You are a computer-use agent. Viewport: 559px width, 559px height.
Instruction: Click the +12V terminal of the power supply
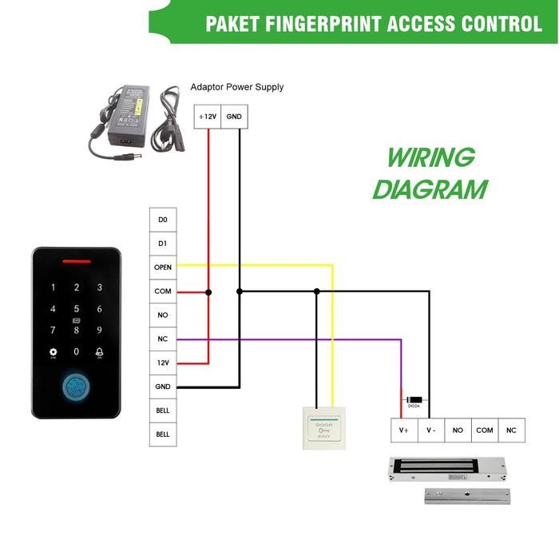(208, 117)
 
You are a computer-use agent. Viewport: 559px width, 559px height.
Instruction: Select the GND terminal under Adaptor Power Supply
(234, 117)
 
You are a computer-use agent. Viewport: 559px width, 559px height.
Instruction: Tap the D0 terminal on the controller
(163, 219)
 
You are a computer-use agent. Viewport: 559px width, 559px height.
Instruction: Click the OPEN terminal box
(163, 267)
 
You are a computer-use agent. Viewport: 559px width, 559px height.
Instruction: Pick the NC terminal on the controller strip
(163, 339)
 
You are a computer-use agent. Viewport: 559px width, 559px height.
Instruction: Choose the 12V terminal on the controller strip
(163, 363)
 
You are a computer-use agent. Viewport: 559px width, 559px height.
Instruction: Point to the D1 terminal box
(163, 243)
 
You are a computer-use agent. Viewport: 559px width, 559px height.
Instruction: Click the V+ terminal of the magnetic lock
(403, 430)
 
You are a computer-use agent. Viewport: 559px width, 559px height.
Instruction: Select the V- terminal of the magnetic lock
(430, 430)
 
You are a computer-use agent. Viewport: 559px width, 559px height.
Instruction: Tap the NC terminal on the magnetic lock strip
(511, 430)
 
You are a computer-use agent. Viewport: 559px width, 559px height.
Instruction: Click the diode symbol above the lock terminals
(414, 399)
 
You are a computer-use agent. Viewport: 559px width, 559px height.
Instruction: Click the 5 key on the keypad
(77, 309)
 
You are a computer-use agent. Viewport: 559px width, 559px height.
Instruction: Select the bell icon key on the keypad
(100, 351)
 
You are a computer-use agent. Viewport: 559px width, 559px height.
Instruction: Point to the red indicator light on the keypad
(77, 261)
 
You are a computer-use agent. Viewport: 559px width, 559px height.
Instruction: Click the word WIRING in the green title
(430, 158)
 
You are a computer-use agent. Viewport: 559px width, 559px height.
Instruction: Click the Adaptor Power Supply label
(236, 87)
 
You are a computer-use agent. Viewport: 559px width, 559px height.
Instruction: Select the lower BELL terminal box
(163, 434)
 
